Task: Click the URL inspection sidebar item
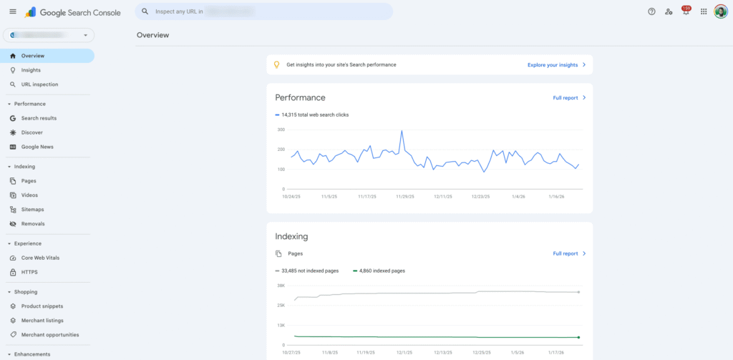[39, 84]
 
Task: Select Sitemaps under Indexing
[32, 210]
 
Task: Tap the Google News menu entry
[37, 147]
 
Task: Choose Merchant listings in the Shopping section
[42, 321]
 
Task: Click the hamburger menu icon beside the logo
[12, 11]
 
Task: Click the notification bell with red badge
[685, 11]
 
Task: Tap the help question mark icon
[651, 11]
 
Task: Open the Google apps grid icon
[704, 11]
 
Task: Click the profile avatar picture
[721, 11]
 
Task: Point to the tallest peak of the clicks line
[402, 131]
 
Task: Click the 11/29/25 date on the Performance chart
[404, 195]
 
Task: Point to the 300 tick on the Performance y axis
[281, 130]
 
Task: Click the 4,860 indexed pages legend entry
[379, 271]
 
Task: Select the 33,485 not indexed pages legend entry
[308, 271]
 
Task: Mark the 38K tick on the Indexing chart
[281, 286]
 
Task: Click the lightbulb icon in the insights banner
[277, 64]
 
